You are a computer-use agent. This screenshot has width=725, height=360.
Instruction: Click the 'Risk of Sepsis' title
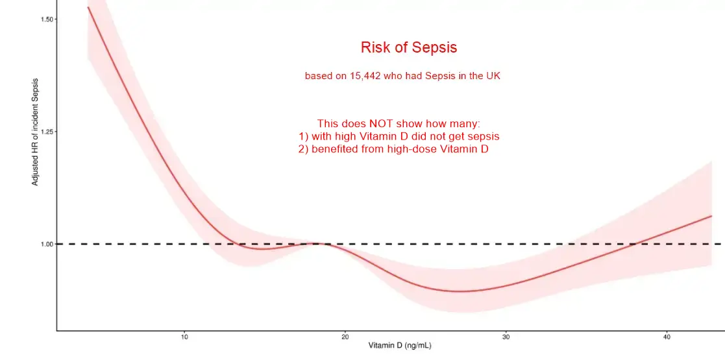(409, 47)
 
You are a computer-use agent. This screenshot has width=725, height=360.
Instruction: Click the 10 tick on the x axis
(184, 337)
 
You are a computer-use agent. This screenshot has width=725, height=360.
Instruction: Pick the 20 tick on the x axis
(345, 337)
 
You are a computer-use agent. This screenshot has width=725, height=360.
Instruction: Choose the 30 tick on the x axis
(506, 337)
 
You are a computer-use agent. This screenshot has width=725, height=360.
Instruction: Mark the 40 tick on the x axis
(667, 337)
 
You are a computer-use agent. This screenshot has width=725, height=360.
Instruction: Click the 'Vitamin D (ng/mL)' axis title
(400, 346)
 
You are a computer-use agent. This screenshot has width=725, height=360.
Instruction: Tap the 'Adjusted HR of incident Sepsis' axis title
(36, 132)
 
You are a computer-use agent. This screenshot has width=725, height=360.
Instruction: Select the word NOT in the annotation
(380, 123)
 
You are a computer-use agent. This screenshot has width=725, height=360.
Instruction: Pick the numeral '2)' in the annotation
(303, 149)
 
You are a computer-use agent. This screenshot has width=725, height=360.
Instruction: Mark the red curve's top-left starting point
(88, 7)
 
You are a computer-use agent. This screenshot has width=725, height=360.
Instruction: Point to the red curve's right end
(712, 216)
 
